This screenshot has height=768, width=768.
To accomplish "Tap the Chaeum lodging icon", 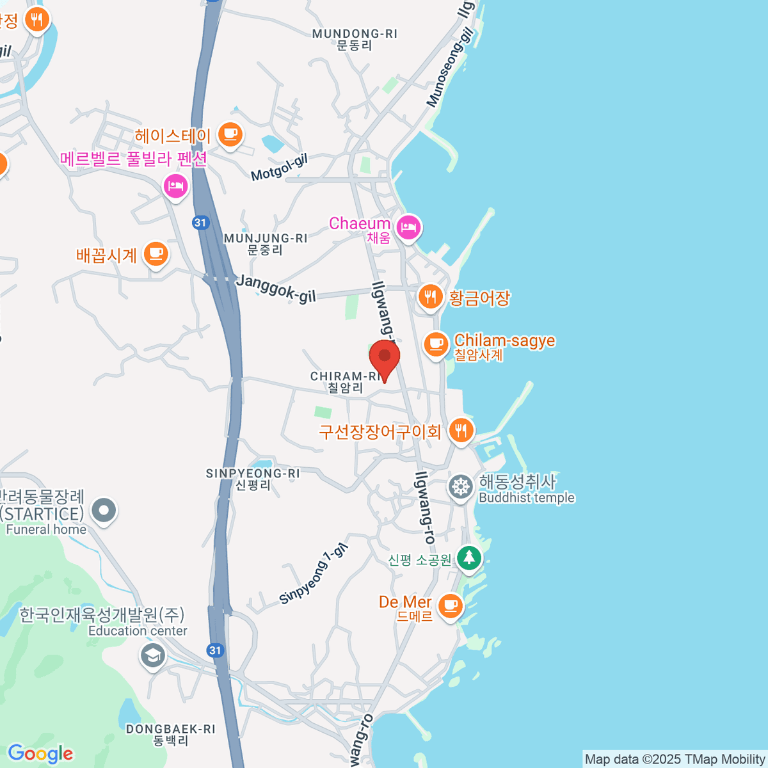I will (x=408, y=227).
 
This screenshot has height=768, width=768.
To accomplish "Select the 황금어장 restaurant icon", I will (x=431, y=297).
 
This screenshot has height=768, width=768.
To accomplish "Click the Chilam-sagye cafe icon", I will (x=436, y=344).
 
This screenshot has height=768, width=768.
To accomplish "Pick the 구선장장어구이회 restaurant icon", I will (x=461, y=430).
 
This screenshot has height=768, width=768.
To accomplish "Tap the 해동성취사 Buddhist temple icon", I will (x=460, y=486).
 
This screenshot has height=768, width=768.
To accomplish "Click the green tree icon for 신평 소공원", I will (x=469, y=557).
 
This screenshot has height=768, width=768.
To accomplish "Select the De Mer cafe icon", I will (x=451, y=604).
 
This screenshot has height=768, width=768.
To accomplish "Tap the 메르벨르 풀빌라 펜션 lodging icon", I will (x=175, y=186).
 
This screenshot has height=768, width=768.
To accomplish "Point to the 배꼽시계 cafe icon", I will (x=155, y=254).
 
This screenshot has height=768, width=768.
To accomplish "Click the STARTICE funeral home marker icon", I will (x=104, y=511).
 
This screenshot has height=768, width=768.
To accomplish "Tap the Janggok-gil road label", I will (x=276, y=288).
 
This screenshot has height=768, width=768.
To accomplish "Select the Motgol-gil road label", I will (x=279, y=168).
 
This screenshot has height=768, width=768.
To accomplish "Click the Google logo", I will (x=40, y=754).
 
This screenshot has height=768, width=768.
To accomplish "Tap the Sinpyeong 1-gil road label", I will (x=314, y=574).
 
